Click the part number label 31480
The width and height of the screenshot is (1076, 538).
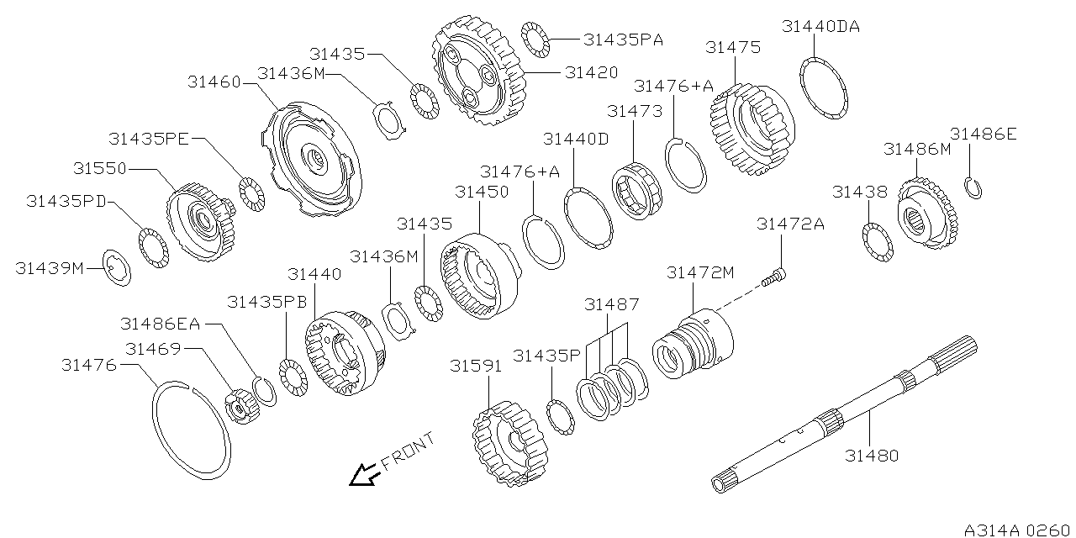click(x=872, y=456)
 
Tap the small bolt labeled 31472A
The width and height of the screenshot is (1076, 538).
click(x=774, y=276)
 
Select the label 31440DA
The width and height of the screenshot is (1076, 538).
click(x=820, y=26)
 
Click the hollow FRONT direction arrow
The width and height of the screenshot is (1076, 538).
click(x=364, y=475)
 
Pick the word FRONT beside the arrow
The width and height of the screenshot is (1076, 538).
click(x=408, y=451)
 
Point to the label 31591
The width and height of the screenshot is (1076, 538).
click(x=476, y=366)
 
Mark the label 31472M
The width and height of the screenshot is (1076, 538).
click(x=700, y=272)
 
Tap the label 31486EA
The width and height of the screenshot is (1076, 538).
click(x=160, y=323)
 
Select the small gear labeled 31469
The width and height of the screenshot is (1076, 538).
click(x=240, y=407)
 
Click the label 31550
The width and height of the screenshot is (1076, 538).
click(x=99, y=168)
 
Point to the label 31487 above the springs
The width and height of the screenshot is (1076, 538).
click(x=612, y=304)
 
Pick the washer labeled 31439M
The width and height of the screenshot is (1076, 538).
click(x=116, y=268)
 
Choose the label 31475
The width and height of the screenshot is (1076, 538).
click(x=733, y=47)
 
